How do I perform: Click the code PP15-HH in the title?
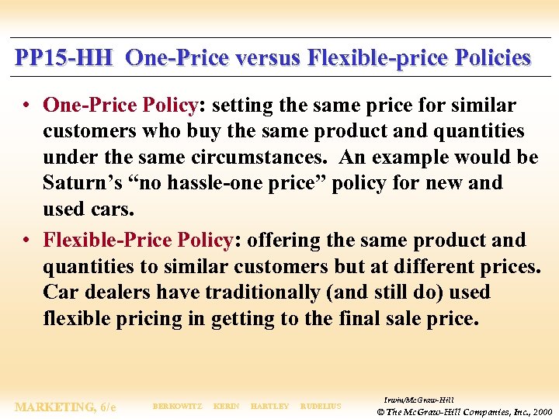pyautogui.click(x=64, y=58)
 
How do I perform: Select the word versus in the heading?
pyautogui.click(x=265, y=58)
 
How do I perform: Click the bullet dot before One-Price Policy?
pyautogui.click(x=27, y=105)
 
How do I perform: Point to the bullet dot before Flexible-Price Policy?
pyautogui.click(x=27, y=241)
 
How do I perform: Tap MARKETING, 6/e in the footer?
pyautogui.click(x=65, y=407)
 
